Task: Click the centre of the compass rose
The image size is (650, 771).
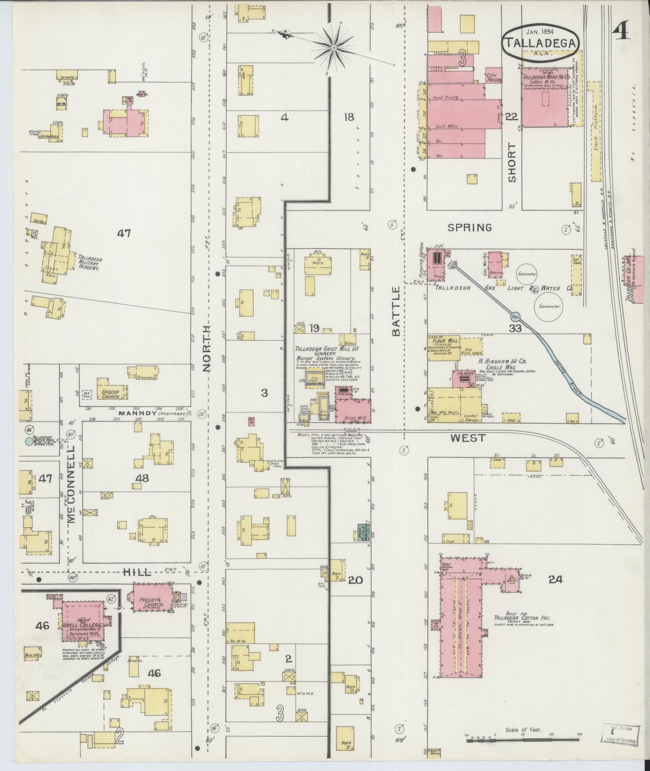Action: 334,47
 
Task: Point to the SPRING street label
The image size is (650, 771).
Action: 470,228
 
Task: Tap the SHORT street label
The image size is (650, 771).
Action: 512,163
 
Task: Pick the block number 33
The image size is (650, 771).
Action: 515,328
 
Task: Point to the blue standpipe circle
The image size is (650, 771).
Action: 29,442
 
